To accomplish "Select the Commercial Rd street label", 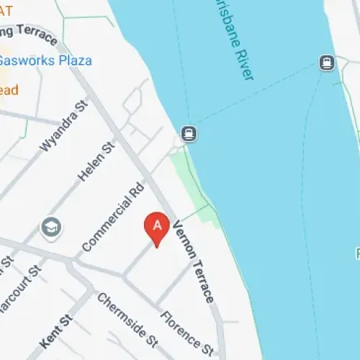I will point(112,217).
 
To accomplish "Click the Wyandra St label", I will point(63,125).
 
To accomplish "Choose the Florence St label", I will point(186,330).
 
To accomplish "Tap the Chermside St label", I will point(127,320).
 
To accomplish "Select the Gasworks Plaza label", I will point(46,60).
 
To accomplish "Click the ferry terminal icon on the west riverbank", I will point(189,132).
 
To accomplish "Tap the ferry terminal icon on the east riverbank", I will point(327,63).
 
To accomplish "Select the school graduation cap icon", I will point(51,228).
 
